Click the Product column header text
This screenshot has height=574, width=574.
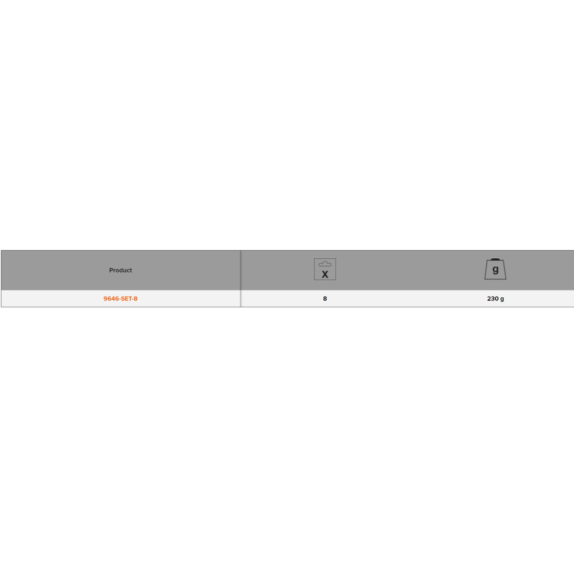120,270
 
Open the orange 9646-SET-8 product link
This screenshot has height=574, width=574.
120,298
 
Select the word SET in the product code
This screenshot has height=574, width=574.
125,298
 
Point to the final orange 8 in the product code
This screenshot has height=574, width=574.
135,298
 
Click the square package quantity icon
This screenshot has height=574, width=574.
325,269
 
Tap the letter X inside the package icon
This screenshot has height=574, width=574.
325,274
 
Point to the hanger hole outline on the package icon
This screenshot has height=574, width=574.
325,264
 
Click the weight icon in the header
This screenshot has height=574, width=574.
495,269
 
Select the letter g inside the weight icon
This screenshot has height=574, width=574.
496,270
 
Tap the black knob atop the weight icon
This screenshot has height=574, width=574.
495,259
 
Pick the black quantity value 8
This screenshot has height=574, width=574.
325,298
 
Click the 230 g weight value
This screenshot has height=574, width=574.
496,298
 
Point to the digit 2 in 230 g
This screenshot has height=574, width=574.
489,298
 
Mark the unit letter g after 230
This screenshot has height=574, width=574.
502,299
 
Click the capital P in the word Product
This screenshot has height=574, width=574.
111,270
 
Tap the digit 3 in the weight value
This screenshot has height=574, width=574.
493,298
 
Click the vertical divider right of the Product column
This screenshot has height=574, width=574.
240,279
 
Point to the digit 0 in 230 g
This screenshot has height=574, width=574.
497,298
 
